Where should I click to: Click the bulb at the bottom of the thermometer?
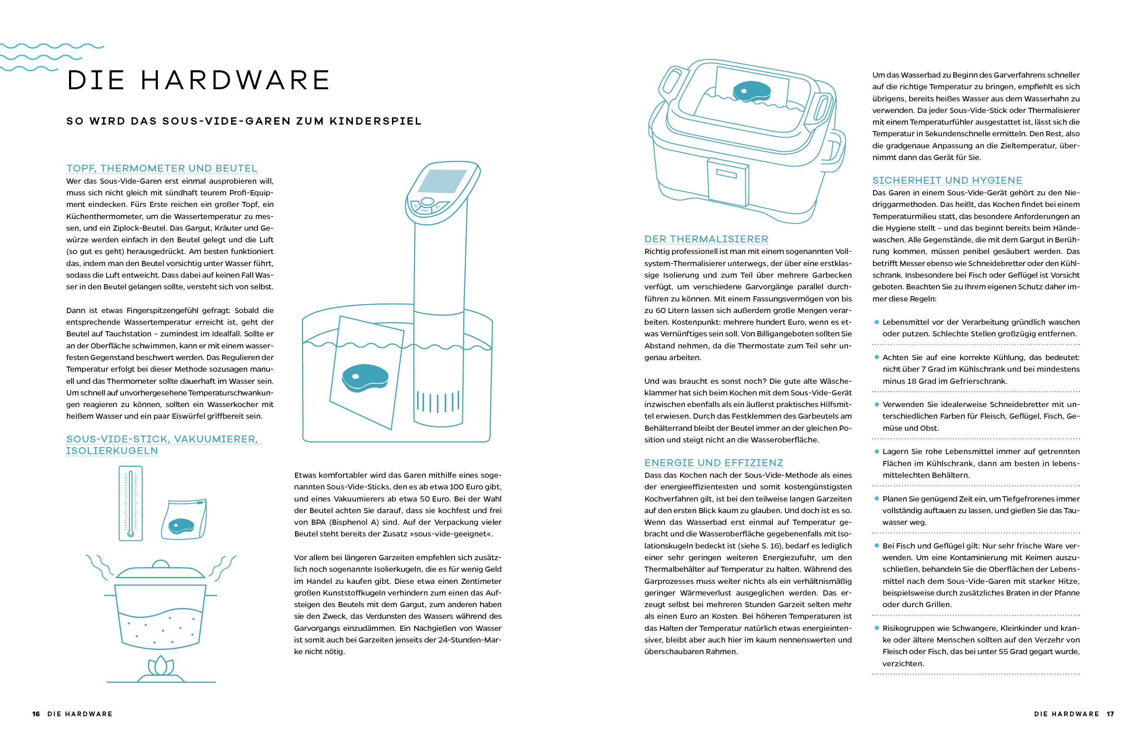click(131, 533)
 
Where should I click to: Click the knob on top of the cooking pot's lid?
click(160, 564)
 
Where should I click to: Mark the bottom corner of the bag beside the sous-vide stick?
click(391, 429)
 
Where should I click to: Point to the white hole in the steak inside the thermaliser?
click(744, 91)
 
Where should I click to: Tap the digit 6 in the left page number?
click(38, 714)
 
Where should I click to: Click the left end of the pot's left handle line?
click(104, 595)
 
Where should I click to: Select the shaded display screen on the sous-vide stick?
click(442, 181)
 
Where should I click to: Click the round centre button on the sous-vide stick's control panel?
click(427, 201)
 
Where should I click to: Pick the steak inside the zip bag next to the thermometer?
click(181, 525)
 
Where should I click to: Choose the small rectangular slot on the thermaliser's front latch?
click(726, 173)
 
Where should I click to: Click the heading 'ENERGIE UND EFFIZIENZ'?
click(713, 463)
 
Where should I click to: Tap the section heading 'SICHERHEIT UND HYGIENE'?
click(947, 180)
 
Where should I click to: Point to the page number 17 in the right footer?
click(1110, 714)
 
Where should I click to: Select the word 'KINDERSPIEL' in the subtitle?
click(376, 121)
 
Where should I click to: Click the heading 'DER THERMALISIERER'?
click(706, 239)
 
